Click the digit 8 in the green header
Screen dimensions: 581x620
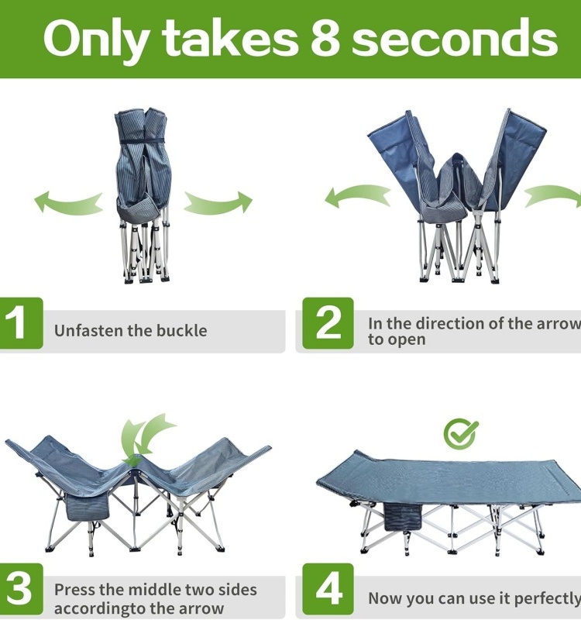click(325, 39)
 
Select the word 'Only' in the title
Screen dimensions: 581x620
click(97, 41)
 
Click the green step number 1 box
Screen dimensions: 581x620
click(21, 323)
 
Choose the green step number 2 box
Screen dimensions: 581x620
click(328, 323)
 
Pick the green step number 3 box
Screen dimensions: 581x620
click(21, 589)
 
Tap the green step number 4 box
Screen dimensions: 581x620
click(328, 589)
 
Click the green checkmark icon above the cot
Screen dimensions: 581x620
click(460, 434)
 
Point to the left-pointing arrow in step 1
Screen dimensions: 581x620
click(67, 202)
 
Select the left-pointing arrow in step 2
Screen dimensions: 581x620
click(358, 196)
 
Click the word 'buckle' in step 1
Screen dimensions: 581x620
click(182, 331)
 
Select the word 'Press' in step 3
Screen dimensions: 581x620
click(74, 590)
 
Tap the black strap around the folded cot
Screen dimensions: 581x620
click(143, 142)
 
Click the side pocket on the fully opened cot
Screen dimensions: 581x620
click(403, 517)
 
